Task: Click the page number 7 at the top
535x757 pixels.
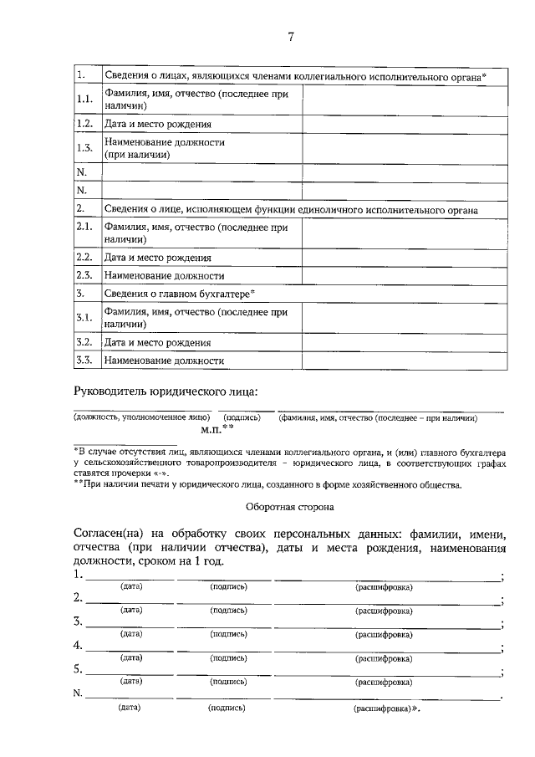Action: click(x=290, y=37)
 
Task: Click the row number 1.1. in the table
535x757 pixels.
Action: click(x=84, y=100)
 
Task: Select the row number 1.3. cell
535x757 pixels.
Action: click(x=84, y=148)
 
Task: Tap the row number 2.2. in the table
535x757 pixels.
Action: click(x=84, y=257)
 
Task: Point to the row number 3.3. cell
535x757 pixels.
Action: click(x=84, y=361)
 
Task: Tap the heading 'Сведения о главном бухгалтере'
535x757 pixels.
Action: click(x=179, y=294)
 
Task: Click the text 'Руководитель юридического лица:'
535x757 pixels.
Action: click(x=166, y=391)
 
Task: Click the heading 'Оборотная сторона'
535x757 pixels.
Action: click(x=289, y=506)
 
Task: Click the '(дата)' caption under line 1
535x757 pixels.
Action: click(x=131, y=586)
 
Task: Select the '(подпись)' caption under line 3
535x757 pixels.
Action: click(x=228, y=634)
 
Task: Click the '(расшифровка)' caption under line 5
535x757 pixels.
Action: click(x=384, y=683)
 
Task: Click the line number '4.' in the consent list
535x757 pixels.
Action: click(x=78, y=645)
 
